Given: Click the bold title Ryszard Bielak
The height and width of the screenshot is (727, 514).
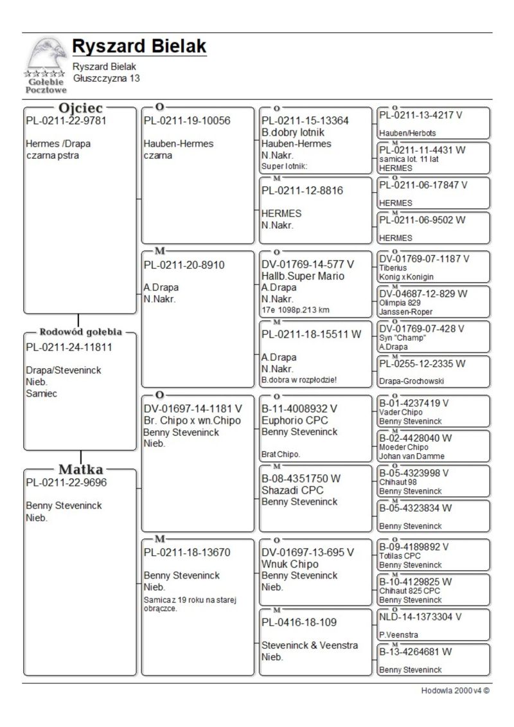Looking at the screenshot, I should [139, 46].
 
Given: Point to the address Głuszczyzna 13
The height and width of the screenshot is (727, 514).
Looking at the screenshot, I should [106, 78].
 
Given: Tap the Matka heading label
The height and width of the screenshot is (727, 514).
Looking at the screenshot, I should [80, 469].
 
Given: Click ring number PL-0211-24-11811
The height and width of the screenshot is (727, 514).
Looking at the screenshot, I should [69, 348].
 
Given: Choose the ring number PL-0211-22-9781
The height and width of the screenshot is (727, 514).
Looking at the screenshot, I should [66, 121].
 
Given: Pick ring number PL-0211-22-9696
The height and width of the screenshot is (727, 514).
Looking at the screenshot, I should [66, 483].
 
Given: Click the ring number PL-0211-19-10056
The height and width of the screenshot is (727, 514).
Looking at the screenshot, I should [186, 121].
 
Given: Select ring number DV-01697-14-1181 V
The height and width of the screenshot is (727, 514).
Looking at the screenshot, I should [193, 409].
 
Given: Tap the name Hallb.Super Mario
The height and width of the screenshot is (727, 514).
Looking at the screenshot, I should [303, 276].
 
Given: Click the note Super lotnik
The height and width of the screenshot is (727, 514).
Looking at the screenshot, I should [285, 166].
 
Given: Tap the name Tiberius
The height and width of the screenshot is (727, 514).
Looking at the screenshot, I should [393, 268].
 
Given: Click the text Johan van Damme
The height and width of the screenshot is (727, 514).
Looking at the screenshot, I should [411, 456].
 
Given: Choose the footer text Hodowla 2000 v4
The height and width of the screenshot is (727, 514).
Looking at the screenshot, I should [455, 691].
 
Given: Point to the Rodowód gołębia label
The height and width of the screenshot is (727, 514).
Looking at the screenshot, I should [80, 332].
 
